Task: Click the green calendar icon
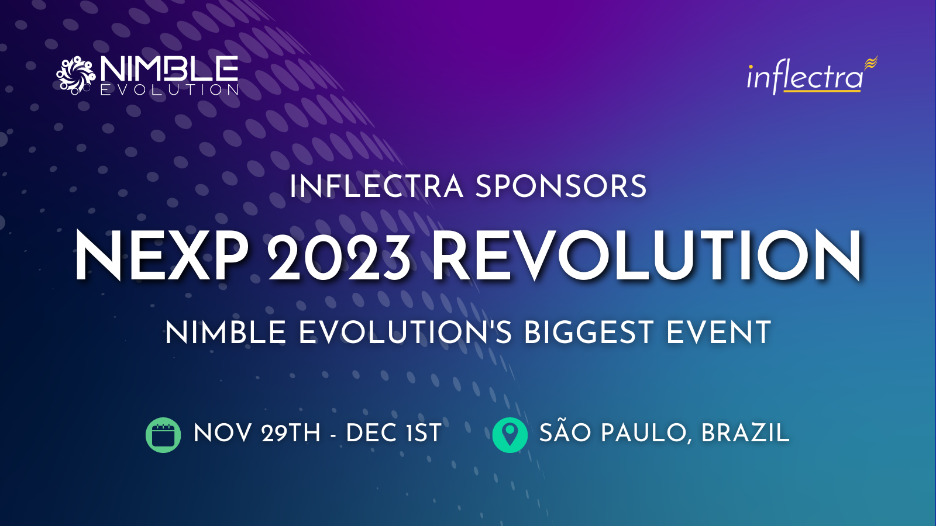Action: (x=163, y=435)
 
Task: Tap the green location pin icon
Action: (x=510, y=435)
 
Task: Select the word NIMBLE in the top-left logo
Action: (x=169, y=69)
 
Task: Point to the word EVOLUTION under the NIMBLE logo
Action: (x=169, y=90)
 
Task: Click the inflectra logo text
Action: (x=805, y=78)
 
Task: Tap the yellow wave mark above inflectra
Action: (x=871, y=63)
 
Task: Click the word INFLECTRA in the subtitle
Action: (x=377, y=186)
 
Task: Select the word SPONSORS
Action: (x=561, y=186)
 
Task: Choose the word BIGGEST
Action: (x=589, y=333)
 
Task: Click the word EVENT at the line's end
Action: (x=718, y=333)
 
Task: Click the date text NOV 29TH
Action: (x=257, y=433)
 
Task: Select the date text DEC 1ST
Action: (x=394, y=433)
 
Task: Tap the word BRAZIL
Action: (x=745, y=433)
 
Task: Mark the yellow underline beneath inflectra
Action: (x=822, y=90)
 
